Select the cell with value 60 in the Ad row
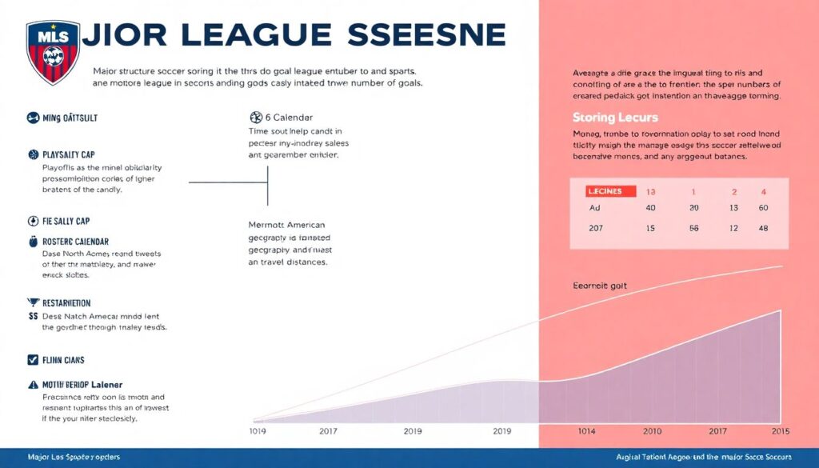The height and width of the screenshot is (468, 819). (x=763, y=208)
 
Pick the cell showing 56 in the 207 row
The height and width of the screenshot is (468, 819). (x=693, y=229)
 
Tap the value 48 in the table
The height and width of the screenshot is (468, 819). (x=763, y=229)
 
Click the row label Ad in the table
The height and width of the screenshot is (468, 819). (x=595, y=208)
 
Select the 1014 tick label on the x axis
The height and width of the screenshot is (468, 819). (x=586, y=431)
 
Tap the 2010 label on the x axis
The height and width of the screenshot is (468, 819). (x=653, y=431)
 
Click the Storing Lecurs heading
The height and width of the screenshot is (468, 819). (x=615, y=118)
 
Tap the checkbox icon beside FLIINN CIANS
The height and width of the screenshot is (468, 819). (x=33, y=360)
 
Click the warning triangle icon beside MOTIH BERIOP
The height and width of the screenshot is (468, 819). (x=33, y=384)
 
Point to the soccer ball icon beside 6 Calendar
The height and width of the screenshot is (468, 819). (x=256, y=117)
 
